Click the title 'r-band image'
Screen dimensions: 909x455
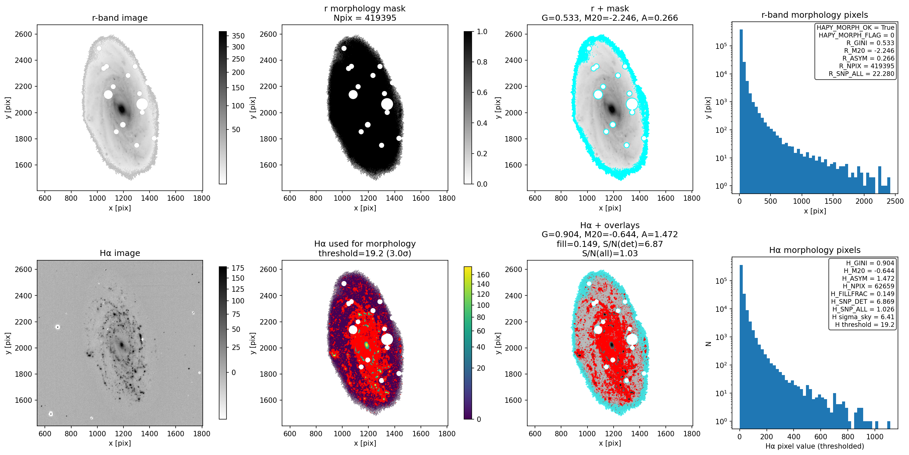[120, 18]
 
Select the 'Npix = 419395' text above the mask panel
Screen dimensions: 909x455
[365, 18]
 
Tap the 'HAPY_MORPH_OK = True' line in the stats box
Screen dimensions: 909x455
[855, 27]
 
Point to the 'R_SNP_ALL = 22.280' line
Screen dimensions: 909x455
[861, 74]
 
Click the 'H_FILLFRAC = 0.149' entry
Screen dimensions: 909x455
[862, 294]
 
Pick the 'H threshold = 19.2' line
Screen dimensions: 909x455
[865, 325]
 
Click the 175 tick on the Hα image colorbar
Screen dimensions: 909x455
[238, 268]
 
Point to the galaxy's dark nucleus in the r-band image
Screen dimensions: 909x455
[122, 109]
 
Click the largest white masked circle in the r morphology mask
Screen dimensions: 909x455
[387, 104]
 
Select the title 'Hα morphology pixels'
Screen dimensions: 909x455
[815, 250]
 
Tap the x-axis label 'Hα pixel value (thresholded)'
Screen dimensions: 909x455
[815, 446]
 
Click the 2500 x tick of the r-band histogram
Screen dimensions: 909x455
[895, 201]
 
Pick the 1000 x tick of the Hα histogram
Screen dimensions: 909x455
[875, 437]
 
